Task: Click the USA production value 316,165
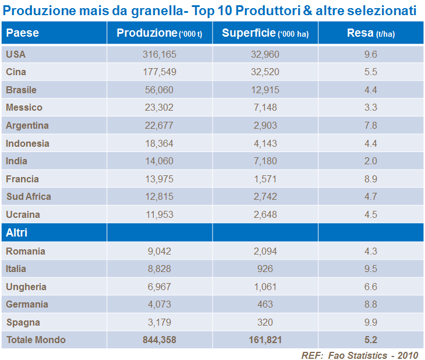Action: coord(159,54)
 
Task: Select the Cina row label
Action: coord(16,72)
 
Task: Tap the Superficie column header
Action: coord(265,33)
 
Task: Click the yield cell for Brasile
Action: coord(370,90)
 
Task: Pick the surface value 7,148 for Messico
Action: coord(265,108)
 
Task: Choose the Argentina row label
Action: coord(27,125)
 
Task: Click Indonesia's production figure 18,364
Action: coord(159,143)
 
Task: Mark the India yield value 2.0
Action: coord(370,161)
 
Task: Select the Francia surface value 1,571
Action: coord(265,179)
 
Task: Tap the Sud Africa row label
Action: coord(29,197)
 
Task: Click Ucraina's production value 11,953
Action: coord(159,214)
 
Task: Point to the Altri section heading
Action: coord(17,233)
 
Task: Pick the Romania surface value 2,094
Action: coord(265,251)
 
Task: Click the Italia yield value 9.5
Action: coord(370,269)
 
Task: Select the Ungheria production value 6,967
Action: coord(159,287)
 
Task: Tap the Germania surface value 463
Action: coord(265,305)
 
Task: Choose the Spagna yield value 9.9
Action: coord(370,322)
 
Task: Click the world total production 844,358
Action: coord(159,340)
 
